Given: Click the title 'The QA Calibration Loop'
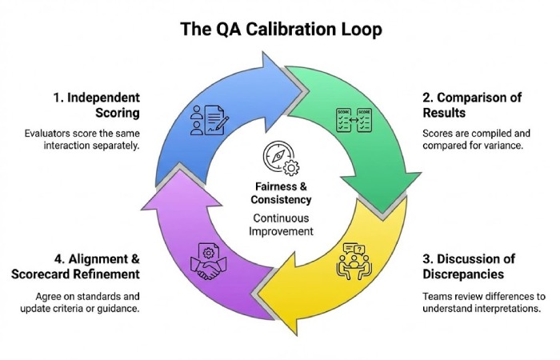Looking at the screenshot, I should [279, 30].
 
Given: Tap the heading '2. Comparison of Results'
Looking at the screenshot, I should [471, 106].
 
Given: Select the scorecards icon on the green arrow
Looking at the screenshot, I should [352, 120].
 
